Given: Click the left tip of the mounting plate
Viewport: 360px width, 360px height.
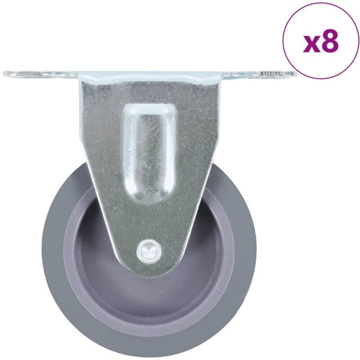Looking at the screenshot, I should [5, 72].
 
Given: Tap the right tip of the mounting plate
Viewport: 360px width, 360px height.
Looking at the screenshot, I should [295, 73].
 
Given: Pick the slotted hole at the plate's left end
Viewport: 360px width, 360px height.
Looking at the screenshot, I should [27, 72].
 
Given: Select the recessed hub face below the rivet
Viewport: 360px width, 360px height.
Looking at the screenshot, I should [148, 297].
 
